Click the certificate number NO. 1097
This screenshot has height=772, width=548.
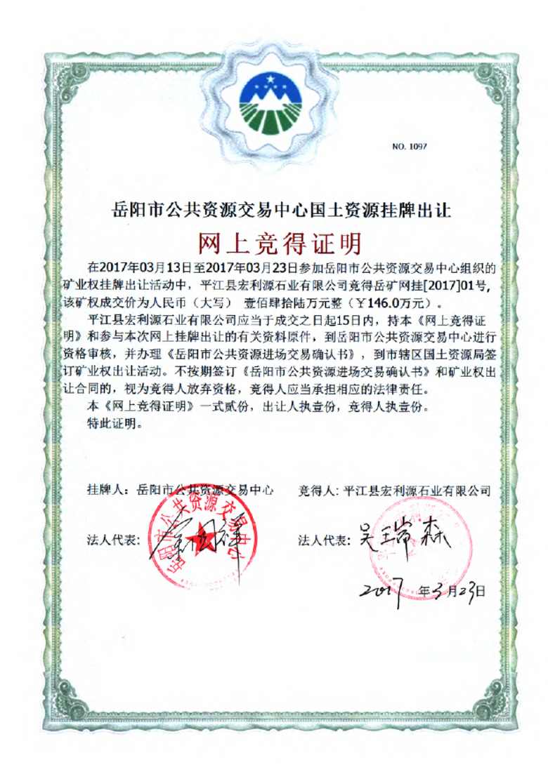410,147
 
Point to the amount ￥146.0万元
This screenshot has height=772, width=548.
396,304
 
